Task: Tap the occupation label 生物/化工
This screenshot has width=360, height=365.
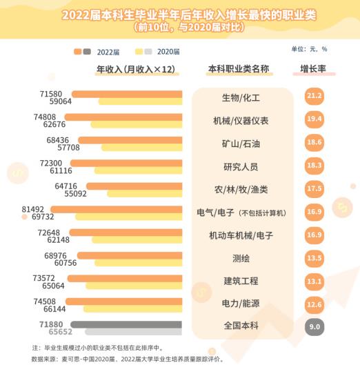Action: coord(241,97)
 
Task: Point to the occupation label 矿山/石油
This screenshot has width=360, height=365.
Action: coord(241,144)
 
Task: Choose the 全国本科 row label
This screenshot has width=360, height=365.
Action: coord(241,326)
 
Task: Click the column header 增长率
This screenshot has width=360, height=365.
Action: coord(313,69)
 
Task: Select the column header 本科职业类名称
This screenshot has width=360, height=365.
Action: coord(238,69)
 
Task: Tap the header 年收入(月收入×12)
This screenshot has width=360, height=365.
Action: coord(137,69)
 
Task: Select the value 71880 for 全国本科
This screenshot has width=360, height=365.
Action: coord(52,324)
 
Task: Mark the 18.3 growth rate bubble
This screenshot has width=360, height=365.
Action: coord(315,166)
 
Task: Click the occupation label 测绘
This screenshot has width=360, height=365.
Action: coord(241,258)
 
